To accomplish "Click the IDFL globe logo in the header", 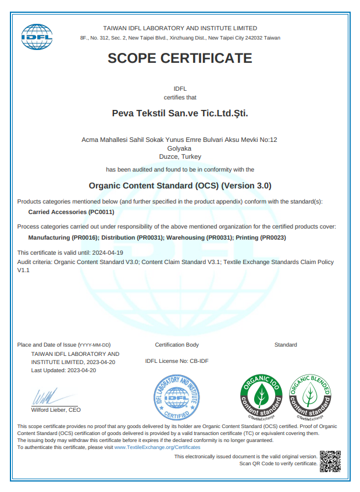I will (37, 37).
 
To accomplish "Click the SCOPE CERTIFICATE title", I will (180, 58).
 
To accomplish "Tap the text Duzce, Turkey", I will (180, 157).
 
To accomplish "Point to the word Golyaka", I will (180, 148).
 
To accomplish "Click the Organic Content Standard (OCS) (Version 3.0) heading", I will (180, 186).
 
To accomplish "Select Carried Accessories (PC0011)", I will (71, 212).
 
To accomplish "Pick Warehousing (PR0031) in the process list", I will (200, 238).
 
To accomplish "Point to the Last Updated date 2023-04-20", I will (81, 370).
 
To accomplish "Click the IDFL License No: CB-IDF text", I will (177, 361).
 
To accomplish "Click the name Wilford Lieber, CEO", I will (56, 410).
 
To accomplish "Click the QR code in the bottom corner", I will (330, 460).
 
